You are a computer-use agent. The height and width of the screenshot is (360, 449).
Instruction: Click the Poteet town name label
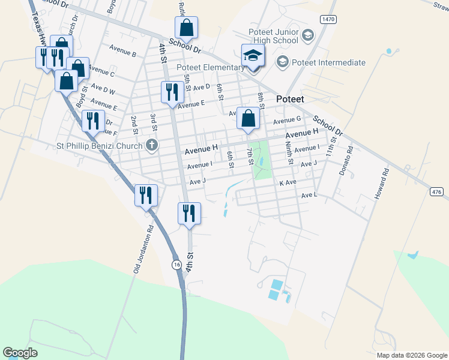point(290,99)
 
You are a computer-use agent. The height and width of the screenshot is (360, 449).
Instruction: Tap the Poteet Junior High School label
point(273,36)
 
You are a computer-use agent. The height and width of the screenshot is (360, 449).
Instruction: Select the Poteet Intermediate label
point(328,62)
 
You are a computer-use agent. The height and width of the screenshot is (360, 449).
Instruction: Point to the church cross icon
point(152,145)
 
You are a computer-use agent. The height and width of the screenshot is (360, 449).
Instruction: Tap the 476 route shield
point(436,191)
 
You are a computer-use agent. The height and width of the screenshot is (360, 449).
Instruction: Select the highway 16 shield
point(176,264)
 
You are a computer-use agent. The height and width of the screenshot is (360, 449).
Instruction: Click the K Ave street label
point(288,182)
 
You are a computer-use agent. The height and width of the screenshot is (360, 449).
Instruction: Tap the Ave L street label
point(309,195)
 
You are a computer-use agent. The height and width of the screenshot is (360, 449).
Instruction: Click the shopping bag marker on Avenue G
point(248,118)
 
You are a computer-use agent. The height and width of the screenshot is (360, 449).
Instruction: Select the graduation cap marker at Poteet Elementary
point(253,56)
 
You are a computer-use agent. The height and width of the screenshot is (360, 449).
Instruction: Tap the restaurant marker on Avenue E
point(172,92)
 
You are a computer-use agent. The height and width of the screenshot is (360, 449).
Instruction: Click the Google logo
point(20,353)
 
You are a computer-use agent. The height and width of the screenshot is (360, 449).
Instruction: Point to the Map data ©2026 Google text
point(411,355)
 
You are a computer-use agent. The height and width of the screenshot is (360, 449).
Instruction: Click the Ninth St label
point(290,154)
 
